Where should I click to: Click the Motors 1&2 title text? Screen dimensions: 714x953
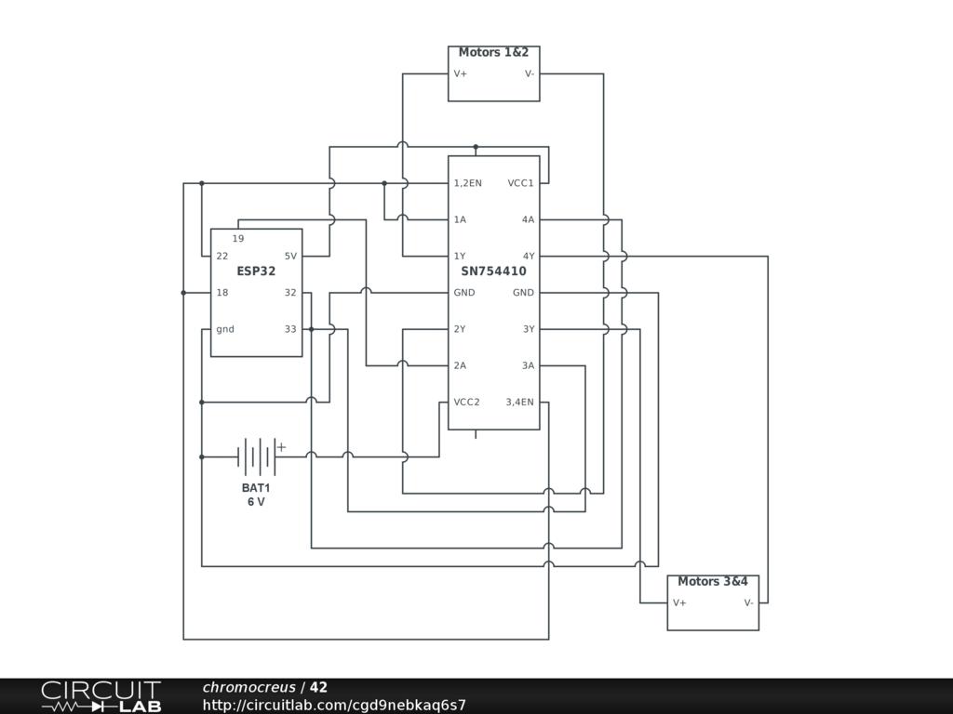(493, 53)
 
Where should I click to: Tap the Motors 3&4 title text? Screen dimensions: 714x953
(712, 582)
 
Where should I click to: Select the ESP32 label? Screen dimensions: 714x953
(256, 271)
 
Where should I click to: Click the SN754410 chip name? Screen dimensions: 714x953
(493, 271)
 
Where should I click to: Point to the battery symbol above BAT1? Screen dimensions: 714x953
(257, 456)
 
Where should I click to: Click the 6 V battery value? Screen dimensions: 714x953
(256, 502)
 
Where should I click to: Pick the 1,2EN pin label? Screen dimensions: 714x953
(467, 183)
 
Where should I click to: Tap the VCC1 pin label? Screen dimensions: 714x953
(520, 183)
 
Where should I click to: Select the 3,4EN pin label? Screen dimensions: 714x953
(519, 403)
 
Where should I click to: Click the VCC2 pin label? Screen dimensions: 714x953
(466, 403)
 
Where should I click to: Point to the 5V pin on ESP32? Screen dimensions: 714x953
(290, 257)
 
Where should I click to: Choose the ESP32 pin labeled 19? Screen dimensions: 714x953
(238, 239)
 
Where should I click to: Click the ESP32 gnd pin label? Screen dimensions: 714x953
(225, 329)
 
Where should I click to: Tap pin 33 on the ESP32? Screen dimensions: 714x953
(290, 329)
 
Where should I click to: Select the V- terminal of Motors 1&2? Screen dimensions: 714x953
(529, 73)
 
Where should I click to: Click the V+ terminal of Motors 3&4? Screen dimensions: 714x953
(679, 602)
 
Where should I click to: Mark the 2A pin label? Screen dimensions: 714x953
(460, 366)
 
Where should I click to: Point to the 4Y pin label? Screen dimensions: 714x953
(528, 257)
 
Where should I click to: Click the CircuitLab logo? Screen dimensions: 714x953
(101, 696)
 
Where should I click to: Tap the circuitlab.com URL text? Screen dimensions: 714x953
(334, 705)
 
